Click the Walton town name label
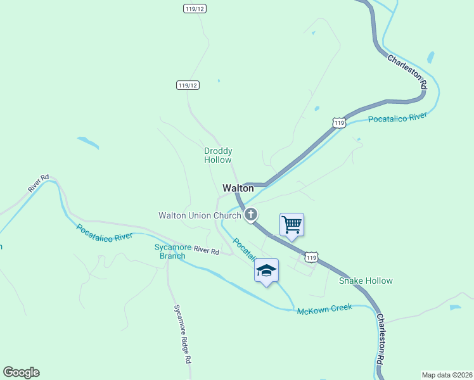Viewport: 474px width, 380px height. (x=238, y=188)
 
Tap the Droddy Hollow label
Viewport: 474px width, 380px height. (x=218, y=155)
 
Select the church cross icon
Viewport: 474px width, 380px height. (x=251, y=215)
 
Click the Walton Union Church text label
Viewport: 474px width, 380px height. (x=200, y=215)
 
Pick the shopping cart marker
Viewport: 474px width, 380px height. (x=291, y=225)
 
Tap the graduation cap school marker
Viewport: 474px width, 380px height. (x=266, y=270)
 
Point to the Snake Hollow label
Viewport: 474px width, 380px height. (x=366, y=281)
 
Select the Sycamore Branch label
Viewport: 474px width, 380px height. (x=172, y=251)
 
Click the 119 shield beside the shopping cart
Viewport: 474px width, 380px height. (x=311, y=256)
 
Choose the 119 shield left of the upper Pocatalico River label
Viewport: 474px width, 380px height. (x=340, y=122)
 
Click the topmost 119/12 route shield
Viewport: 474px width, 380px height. (x=195, y=8)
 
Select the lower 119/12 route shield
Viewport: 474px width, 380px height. (x=188, y=85)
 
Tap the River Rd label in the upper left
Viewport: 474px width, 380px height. (x=38, y=184)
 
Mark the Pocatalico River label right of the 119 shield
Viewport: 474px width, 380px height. (x=398, y=118)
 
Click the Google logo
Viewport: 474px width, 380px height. (x=21, y=372)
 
